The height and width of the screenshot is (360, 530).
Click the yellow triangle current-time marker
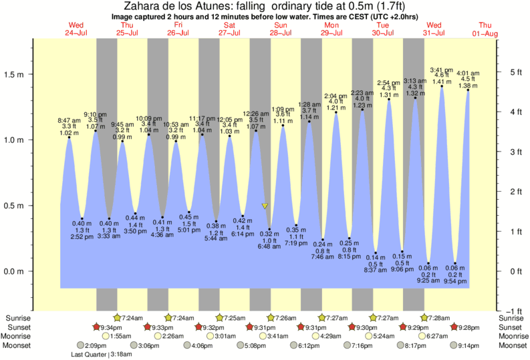(x=265, y=206)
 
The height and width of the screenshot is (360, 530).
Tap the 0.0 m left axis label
(x=15, y=271)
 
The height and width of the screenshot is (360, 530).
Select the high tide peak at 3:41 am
(x=442, y=86)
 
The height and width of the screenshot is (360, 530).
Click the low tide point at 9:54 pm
(x=456, y=264)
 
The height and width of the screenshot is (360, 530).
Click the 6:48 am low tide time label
(x=269, y=246)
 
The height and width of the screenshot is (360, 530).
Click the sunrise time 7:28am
(x=436, y=319)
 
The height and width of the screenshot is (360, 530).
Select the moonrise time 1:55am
(x=120, y=336)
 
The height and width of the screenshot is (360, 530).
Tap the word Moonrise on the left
(x=19, y=336)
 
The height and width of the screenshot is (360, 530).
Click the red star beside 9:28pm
(x=454, y=327)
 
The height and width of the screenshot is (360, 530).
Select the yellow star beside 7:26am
(x=271, y=318)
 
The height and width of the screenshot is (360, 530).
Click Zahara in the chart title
(x=143, y=6)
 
